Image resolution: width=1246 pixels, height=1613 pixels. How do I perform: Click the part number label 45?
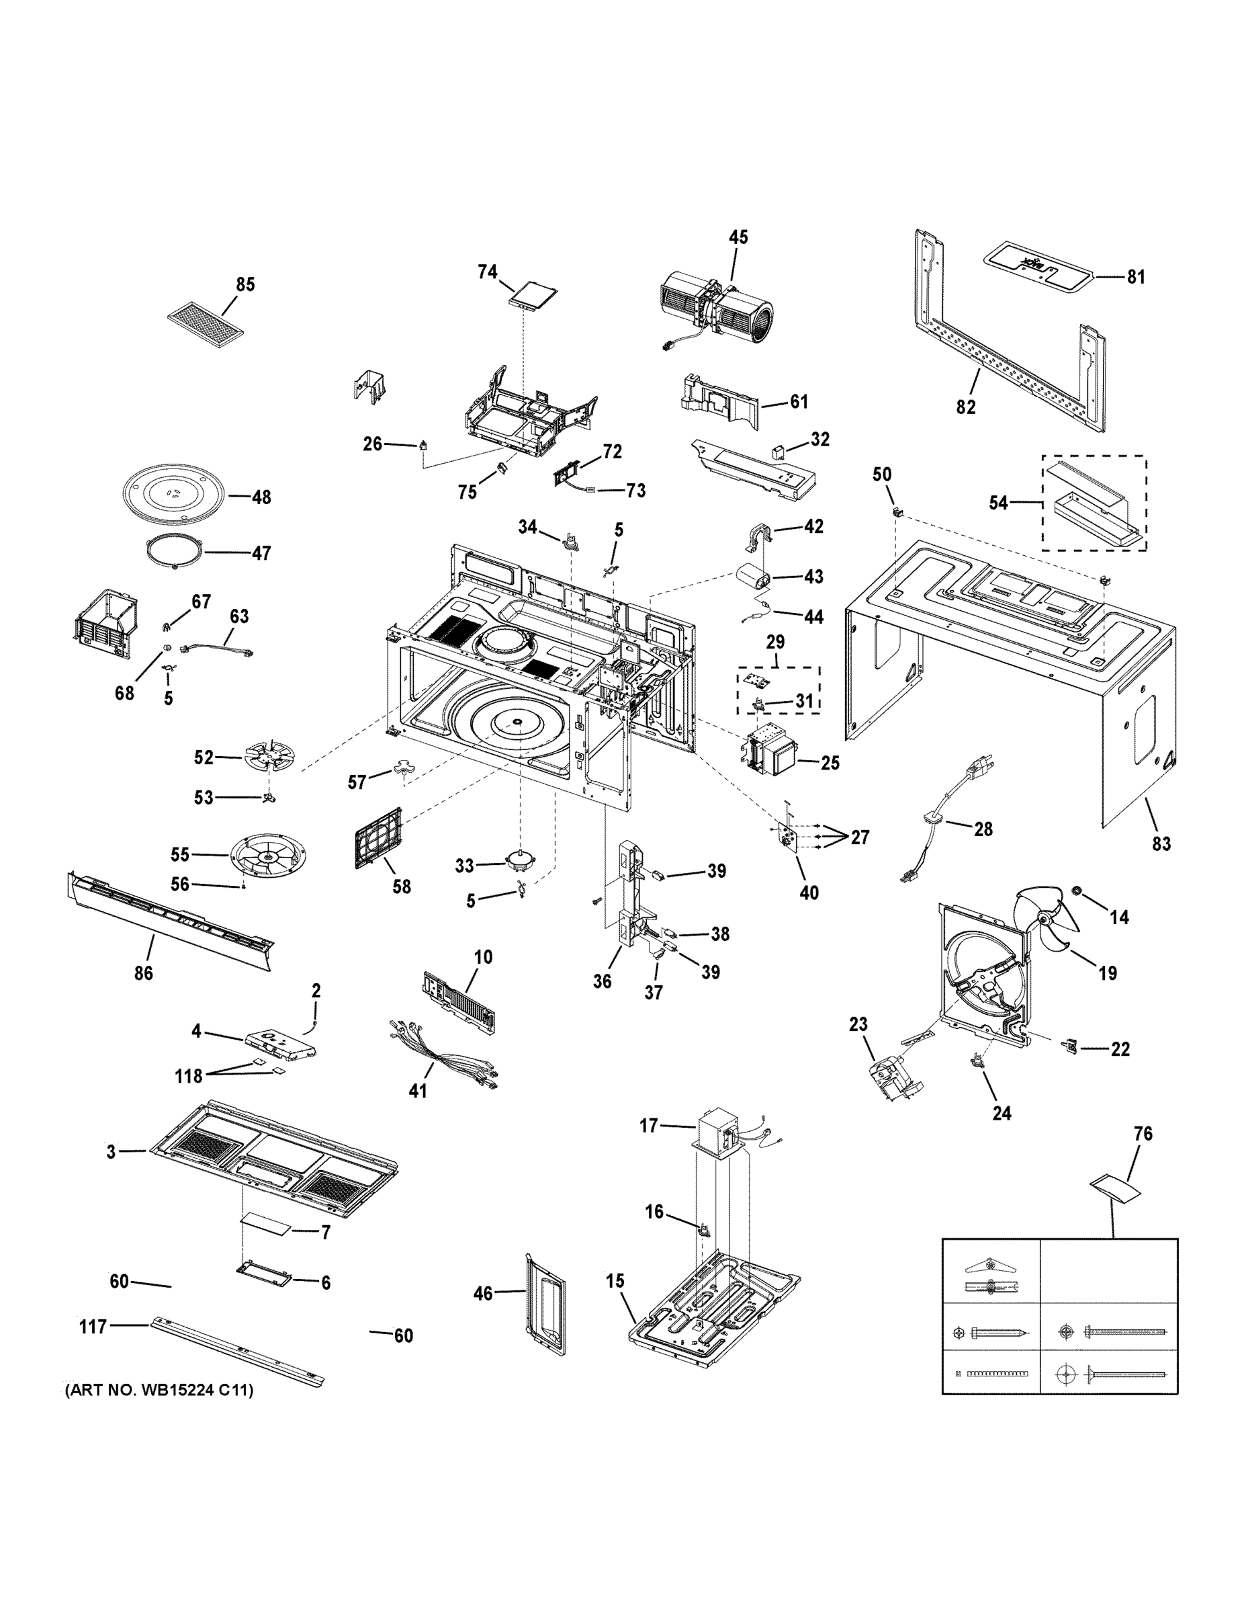pyautogui.click(x=738, y=237)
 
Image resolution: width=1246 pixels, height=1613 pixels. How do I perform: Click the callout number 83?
pyautogui.click(x=1161, y=843)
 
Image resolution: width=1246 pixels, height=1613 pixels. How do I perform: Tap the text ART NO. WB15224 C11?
pyautogui.click(x=159, y=1391)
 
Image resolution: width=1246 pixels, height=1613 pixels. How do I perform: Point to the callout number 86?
pyautogui.click(x=143, y=973)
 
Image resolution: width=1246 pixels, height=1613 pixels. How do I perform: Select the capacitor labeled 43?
pyautogui.click(x=752, y=577)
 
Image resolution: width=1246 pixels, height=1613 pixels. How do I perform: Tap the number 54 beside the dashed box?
pyautogui.click(x=998, y=503)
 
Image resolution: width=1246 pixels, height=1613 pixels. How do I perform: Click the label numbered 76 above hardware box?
pyautogui.click(x=1143, y=1134)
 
